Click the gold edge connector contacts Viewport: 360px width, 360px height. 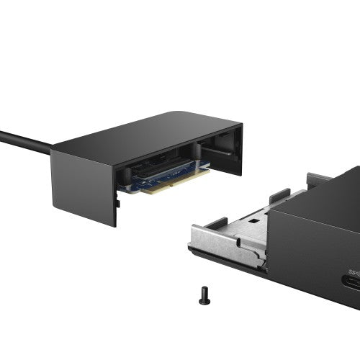coord(173,183)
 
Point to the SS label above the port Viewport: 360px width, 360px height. coord(354,271)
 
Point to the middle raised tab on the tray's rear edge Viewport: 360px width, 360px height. coord(279,195)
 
